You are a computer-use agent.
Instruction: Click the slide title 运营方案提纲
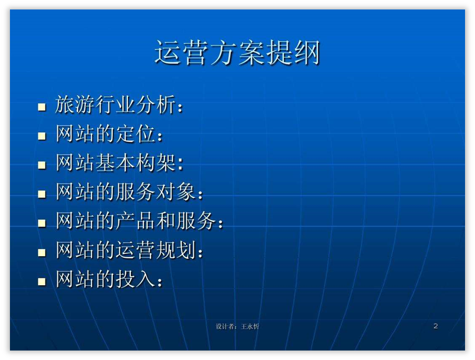point(237,53)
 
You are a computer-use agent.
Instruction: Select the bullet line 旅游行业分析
point(119,105)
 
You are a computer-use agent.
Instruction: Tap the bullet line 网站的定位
point(109,134)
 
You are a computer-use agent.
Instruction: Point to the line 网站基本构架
point(119,162)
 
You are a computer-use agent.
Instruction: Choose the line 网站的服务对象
point(129,192)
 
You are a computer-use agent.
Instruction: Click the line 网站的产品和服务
point(139,221)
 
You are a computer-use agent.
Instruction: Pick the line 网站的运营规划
point(129,250)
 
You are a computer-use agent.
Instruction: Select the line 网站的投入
point(109,279)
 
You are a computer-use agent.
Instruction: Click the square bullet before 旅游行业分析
point(42,107)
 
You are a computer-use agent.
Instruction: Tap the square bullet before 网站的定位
point(42,136)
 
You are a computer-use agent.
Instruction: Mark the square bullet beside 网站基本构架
point(42,165)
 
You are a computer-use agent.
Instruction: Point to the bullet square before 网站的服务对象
point(42,194)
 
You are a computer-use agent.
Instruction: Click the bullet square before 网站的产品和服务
point(42,223)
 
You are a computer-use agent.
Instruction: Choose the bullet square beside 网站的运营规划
point(42,252)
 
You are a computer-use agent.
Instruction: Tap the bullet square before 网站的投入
point(42,281)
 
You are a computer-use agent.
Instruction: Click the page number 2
point(436,326)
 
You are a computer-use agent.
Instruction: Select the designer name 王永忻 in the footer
point(250,326)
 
